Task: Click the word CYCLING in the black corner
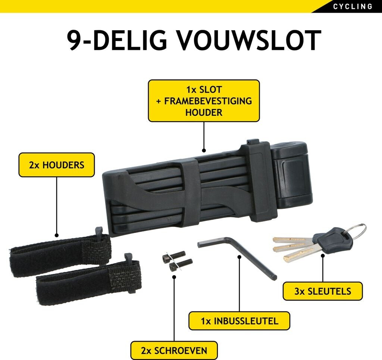(x=353, y=6)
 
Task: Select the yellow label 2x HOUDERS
(x=56, y=165)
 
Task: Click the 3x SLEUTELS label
(x=322, y=291)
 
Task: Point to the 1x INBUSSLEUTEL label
(x=239, y=321)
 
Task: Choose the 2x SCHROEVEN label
(x=174, y=351)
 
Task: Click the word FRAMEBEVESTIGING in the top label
(x=204, y=101)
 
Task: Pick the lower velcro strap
(x=88, y=282)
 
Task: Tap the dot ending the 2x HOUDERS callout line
(x=56, y=235)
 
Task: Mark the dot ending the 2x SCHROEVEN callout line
(x=174, y=276)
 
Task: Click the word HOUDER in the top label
(x=204, y=112)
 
